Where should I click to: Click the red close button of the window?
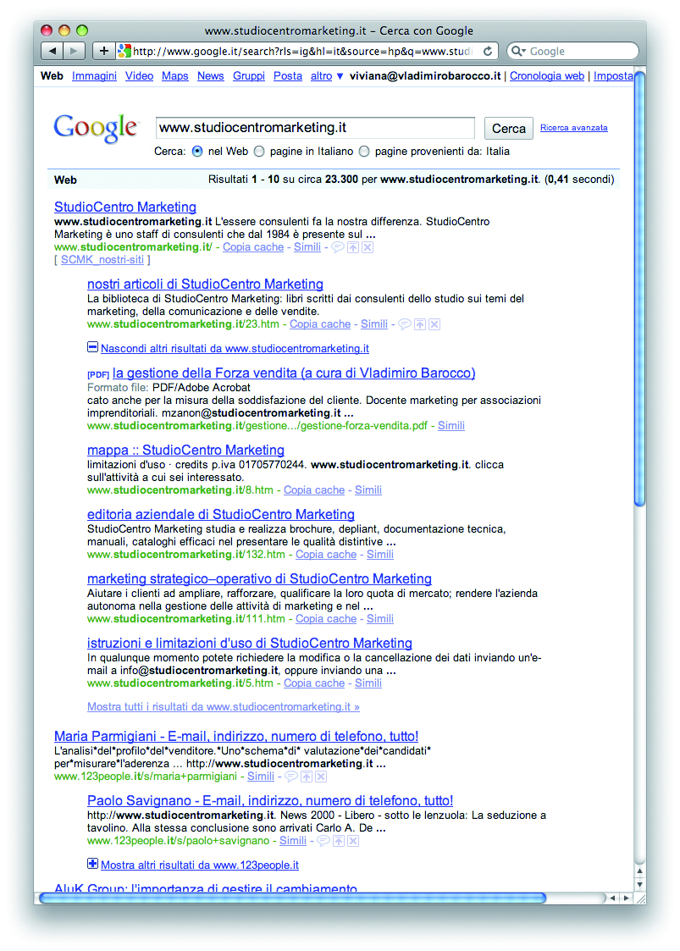[x=47, y=31]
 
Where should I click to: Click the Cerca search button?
[x=508, y=128]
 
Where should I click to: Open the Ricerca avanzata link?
[x=573, y=128]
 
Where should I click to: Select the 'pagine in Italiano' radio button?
[x=259, y=152]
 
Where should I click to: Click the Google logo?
[x=95, y=128]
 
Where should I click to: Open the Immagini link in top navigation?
[x=94, y=75]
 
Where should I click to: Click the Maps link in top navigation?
[x=174, y=75]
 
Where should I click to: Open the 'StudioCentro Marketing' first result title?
[x=124, y=207]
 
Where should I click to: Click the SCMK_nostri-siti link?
[x=105, y=260]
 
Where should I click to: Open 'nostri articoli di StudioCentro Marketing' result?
[x=205, y=284]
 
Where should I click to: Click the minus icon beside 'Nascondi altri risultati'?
[x=92, y=347]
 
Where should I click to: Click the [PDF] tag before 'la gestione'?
[x=97, y=373]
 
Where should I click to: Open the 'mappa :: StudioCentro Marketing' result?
[x=185, y=450]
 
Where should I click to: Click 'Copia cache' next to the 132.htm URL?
[x=325, y=554]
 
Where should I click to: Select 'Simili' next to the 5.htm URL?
[x=368, y=683]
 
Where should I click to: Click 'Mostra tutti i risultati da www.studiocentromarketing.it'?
[x=223, y=706]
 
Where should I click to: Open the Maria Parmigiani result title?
[x=235, y=736]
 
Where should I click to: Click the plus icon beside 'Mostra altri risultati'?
[x=92, y=864]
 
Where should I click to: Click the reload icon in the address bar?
[x=487, y=51]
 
